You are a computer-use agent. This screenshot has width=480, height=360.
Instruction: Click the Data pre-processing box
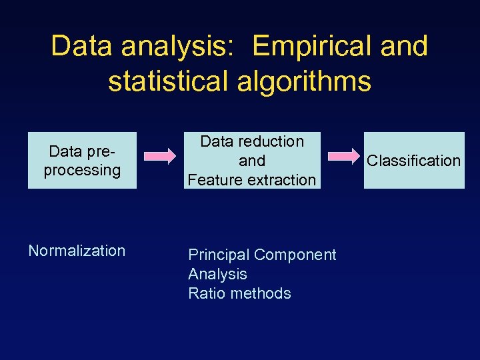(x=82, y=161)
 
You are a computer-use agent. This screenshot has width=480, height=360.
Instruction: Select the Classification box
(x=414, y=161)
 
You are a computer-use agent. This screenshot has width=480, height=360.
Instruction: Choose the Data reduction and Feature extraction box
(x=252, y=161)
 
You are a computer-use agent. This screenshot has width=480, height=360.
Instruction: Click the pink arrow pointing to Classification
(x=344, y=157)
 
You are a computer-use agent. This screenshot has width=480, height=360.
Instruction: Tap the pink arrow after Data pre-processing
(x=161, y=157)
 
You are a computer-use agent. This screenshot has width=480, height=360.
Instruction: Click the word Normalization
(x=77, y=251)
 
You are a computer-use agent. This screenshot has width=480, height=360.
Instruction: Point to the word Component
(x=295, y=255)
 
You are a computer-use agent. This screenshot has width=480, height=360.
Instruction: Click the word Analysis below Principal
(x=217, y=274)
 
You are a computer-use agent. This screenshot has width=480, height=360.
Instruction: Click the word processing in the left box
(x=82, y=170)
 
